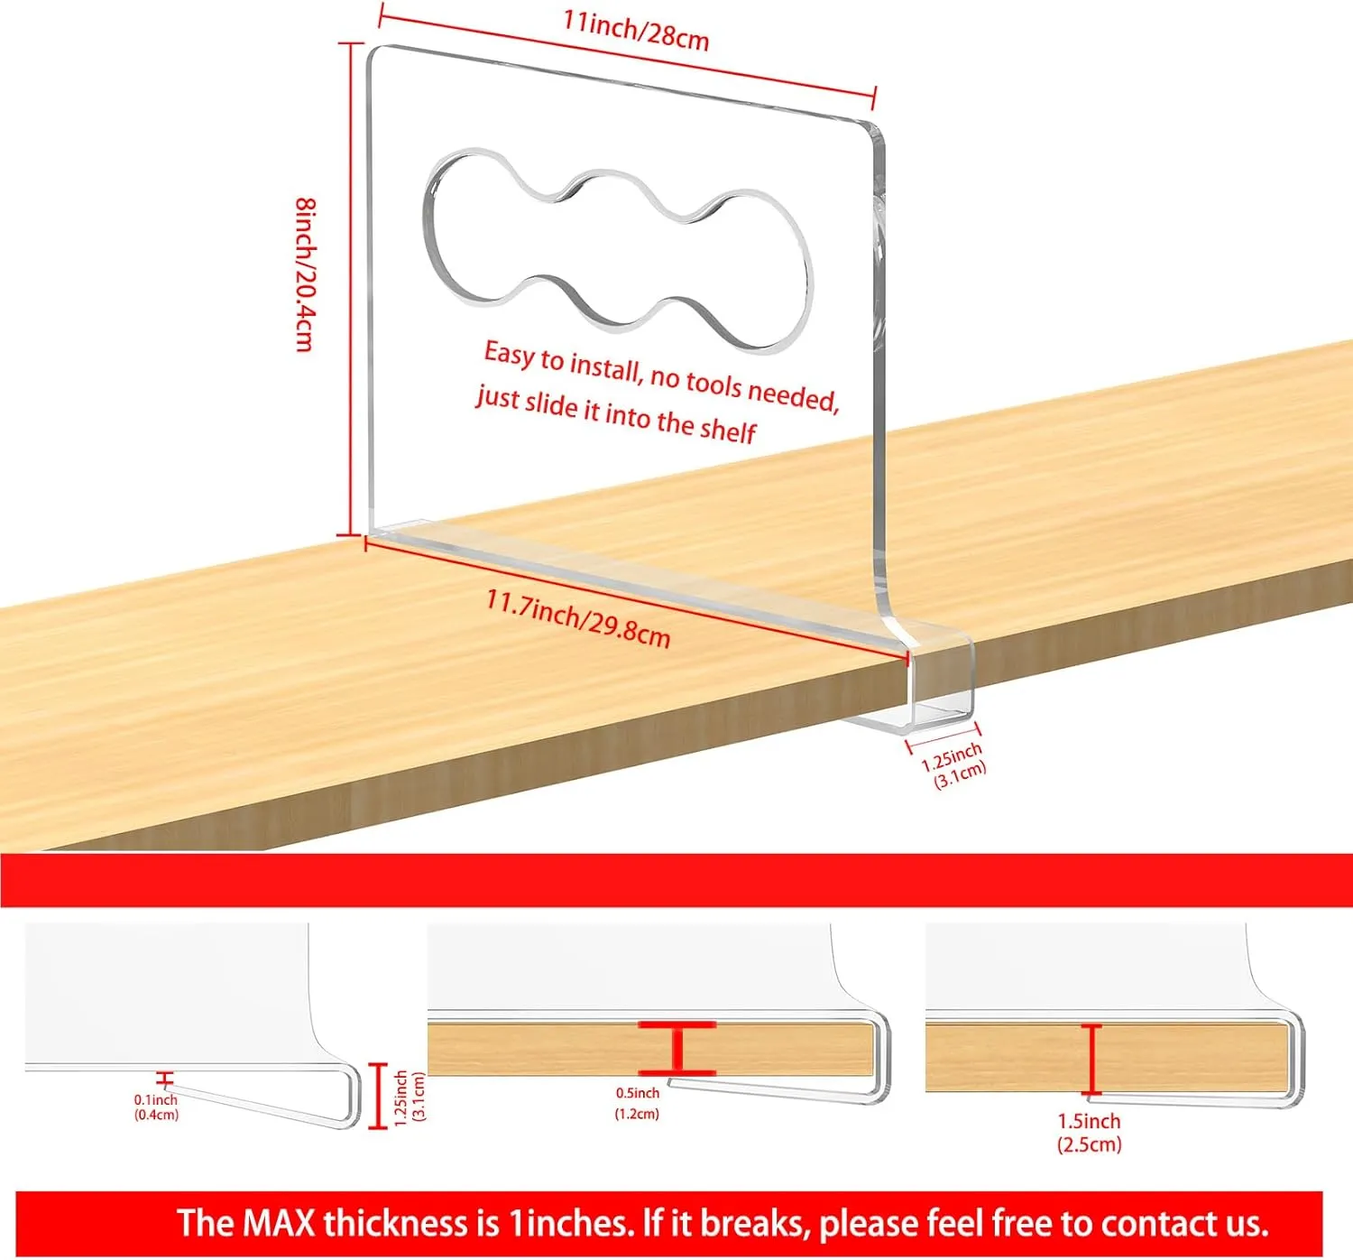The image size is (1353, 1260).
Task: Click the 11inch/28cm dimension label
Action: pos(636,31)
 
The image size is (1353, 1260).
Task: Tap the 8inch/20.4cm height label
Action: pos(305,274)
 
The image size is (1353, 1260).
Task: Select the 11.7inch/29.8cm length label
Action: pos(577,618)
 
